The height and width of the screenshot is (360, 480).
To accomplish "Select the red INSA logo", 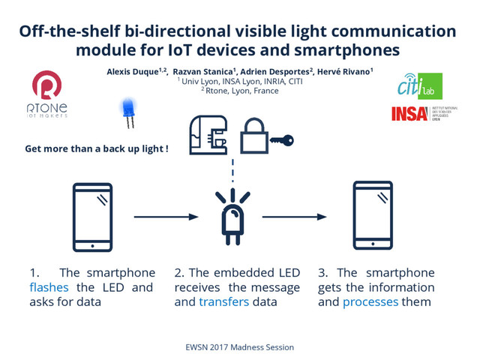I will click(x=408, y=114).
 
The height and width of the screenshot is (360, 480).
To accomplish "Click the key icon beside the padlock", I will click(x=282, y=140).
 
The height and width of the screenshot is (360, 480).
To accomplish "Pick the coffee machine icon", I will click(x=209, y=135).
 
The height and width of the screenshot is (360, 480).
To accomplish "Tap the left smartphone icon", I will click(x=93, y=217).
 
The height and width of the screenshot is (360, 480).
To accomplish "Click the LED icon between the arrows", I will click(x=232, y=217).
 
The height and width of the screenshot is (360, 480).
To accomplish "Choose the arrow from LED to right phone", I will click(x=294, y=217).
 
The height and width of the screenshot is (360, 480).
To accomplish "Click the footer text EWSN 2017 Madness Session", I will click(x=239, y=347).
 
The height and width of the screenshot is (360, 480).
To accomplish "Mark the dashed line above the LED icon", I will click(x=232, y=169).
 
